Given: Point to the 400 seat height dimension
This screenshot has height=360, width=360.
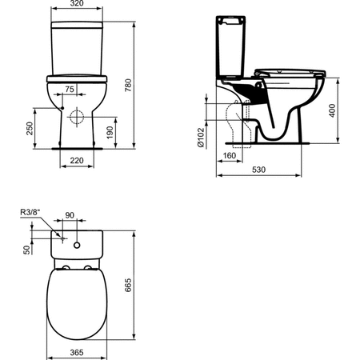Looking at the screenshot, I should (333, 111).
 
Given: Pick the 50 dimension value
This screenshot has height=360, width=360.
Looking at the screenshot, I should (28, 250).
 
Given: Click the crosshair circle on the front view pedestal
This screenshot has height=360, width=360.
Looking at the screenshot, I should (78, 118).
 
